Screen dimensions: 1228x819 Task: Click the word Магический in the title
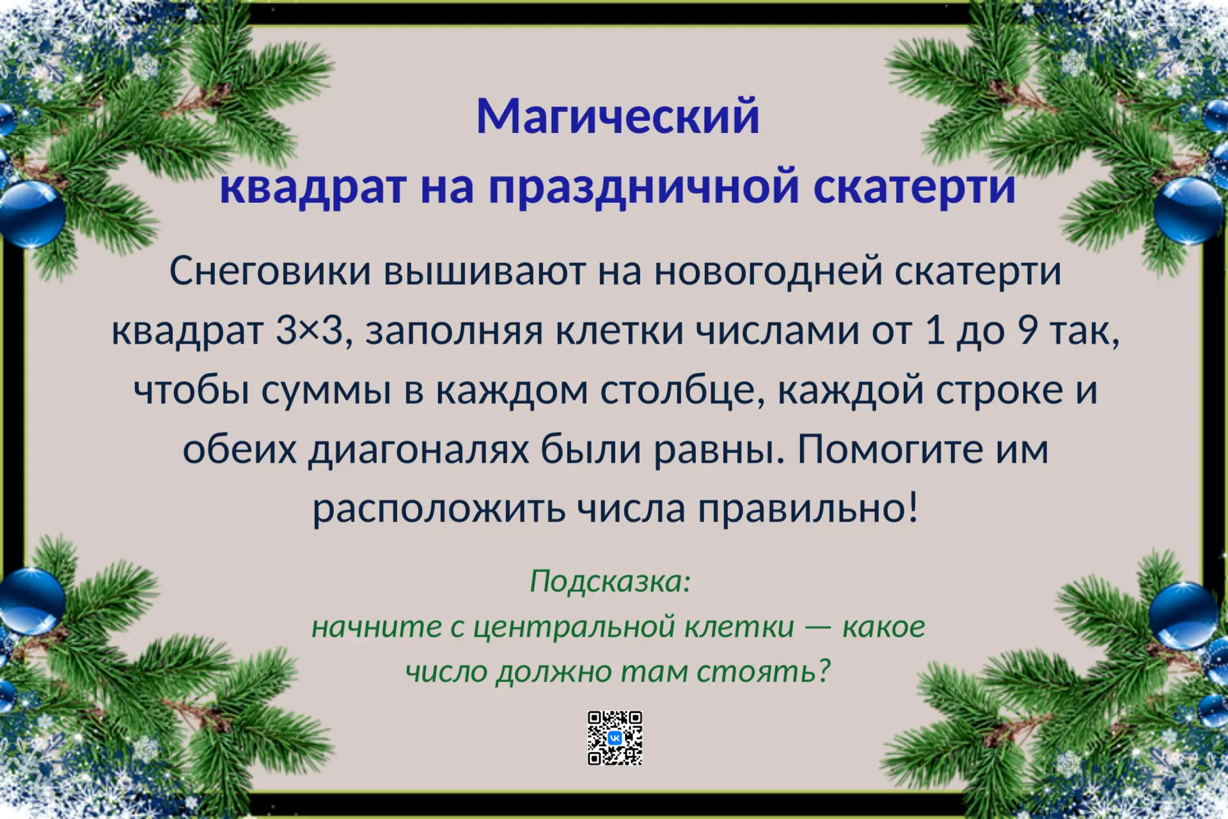pyautogui.click(x=618, y=116)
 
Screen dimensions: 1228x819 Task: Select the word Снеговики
pyautogui.click(x=270, y=271)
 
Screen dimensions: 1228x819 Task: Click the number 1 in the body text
pyautogui.click(x=935, y=331)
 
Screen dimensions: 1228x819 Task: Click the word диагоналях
pyautogui.click(x=420, y=450)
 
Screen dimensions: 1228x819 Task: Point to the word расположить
pyautogui.click(x=439, y=510)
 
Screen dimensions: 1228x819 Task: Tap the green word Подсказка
pyautogui.click(x=607, y=582)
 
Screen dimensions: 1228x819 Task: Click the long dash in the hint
pyautogui.click(x=818, y=629)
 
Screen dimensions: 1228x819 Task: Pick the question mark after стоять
pyautogui.click(x=823, y=671)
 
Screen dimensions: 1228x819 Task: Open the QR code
pyautogui.click(x=615, y=738)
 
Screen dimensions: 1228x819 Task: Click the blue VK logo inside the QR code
pyautogui.click(x=615, y=738)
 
